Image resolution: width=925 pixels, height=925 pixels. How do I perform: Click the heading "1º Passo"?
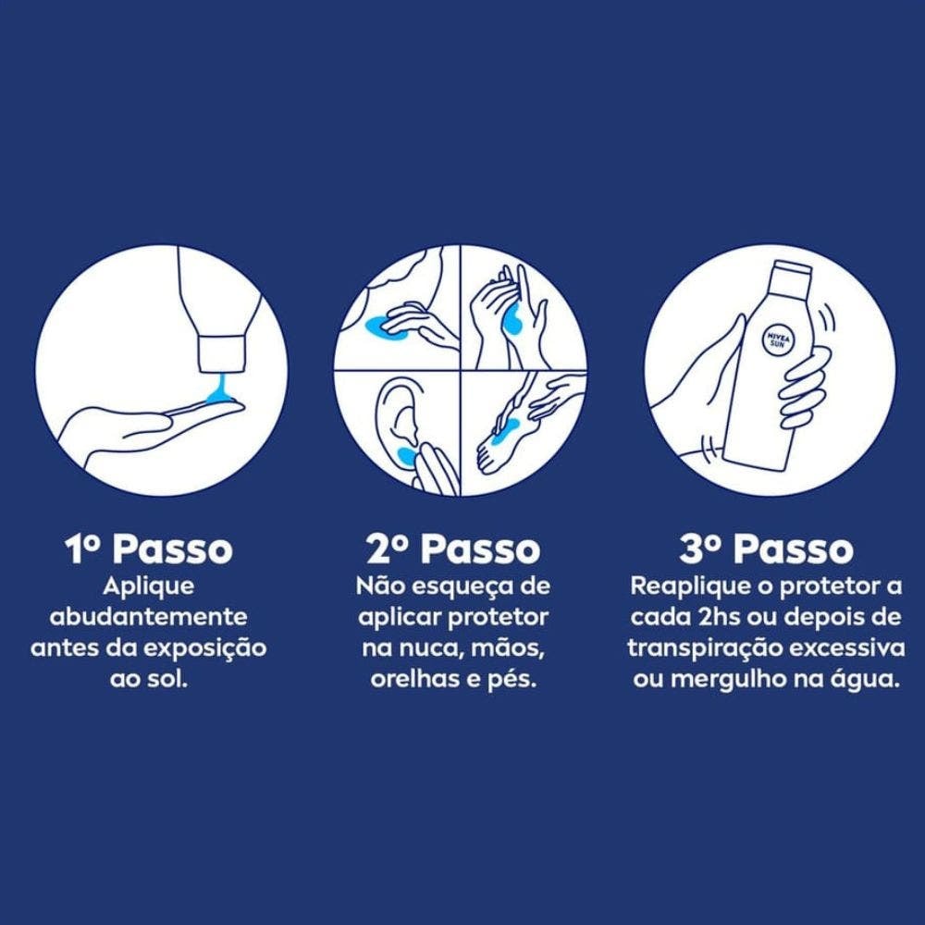pyautogui.click(x=149, y=549)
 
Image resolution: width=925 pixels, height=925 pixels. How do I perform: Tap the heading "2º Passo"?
pyautogui.click(x=453, y=549)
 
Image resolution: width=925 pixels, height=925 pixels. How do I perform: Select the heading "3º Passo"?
pyautogui.click(x=766, y=549)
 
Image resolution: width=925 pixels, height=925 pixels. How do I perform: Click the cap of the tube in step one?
pyautogui.click(x=222, y=354)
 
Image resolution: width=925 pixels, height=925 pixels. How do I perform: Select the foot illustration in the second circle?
pyautogui.click(x=501, y=439)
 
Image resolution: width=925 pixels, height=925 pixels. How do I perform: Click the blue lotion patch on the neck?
pyautogui.click(x=385, y=326)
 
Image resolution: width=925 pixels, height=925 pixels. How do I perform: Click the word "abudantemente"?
pyautogui.click(x=149, y=617)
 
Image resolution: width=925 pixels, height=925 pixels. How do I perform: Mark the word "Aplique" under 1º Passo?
pyautogui.click(x=149, y=587)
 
